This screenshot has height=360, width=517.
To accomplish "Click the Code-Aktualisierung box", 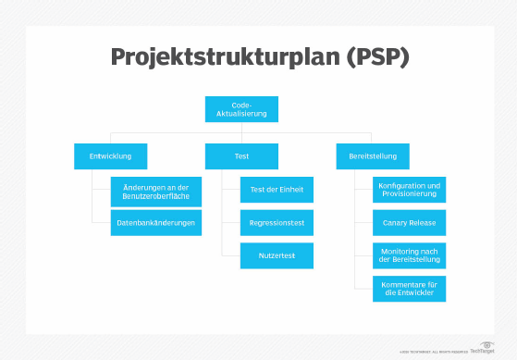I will tap(241, 109).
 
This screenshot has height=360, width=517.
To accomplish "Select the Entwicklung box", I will tap(110, 155).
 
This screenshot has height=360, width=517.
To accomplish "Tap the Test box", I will tap(241, 155).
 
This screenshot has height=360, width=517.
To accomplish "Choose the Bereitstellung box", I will tap(373, 155).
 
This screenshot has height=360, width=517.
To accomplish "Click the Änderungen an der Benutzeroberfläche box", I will tap(155, 191).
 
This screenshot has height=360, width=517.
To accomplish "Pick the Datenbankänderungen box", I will tap(155, 222).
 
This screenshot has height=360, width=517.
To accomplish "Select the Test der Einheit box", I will tap(277, 190).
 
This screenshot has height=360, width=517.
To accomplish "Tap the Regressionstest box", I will tap(277, 222).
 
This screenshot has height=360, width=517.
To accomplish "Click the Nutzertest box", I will tap(277, 255).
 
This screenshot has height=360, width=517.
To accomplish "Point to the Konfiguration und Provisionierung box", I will tap(409, 190).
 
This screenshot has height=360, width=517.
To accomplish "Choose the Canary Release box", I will tap(409, 222).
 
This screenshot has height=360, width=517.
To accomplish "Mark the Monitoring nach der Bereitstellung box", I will tap(409, 255).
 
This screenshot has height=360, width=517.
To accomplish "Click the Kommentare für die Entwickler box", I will tap(409, 288).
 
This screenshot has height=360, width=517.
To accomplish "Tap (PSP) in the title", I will tap(375, 56).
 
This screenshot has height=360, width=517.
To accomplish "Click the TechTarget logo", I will tap(483, 350).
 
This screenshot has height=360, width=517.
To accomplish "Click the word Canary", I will tap(395, 222).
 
